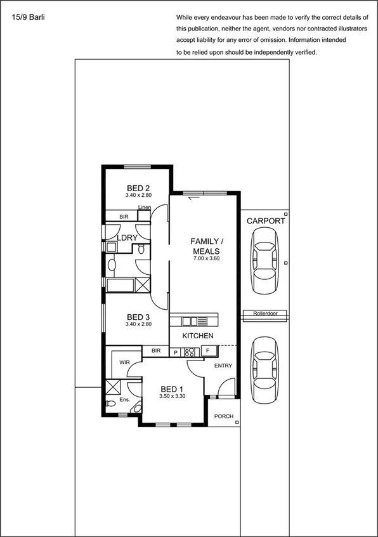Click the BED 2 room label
138,188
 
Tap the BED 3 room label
138,317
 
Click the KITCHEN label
198,335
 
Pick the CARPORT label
266,221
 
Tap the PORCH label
224,417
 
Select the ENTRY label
223,366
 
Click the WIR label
124,362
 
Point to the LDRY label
127,238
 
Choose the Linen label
144,208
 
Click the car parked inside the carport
265,260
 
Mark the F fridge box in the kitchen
207,351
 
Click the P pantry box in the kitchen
176,352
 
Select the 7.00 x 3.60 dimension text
206,259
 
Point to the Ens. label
124,401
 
